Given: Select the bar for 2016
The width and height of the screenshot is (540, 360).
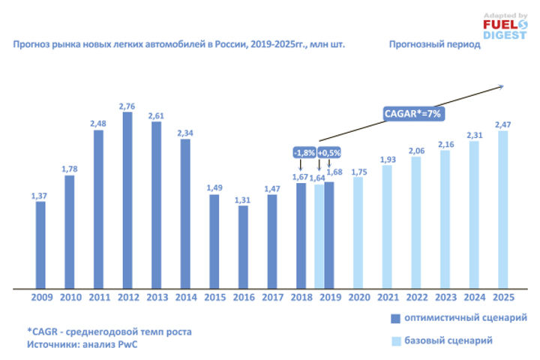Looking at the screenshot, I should tap(243, 247).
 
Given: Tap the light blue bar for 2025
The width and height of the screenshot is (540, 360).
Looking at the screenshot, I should tap(502, 210).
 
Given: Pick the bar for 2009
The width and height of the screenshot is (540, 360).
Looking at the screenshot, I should tap(40, 244).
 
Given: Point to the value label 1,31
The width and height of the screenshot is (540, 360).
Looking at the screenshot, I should tap(243, 199).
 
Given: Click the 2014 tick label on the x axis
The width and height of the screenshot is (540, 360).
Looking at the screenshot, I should tap(185, 298).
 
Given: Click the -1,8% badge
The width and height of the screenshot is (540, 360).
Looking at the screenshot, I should tap(303, 153).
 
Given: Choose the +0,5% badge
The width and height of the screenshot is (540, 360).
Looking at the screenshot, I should tap(328, 153).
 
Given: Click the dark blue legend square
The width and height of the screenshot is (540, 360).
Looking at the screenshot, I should tap(394, 318).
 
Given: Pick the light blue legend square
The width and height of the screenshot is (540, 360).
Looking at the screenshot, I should tap(394, 341).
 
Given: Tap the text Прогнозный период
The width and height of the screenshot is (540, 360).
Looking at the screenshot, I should tap(434, 45).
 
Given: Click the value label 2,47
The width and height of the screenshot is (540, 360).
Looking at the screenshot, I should tap(502, 124).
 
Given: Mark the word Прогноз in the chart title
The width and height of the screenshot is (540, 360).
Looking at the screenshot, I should tap(32, 45).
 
